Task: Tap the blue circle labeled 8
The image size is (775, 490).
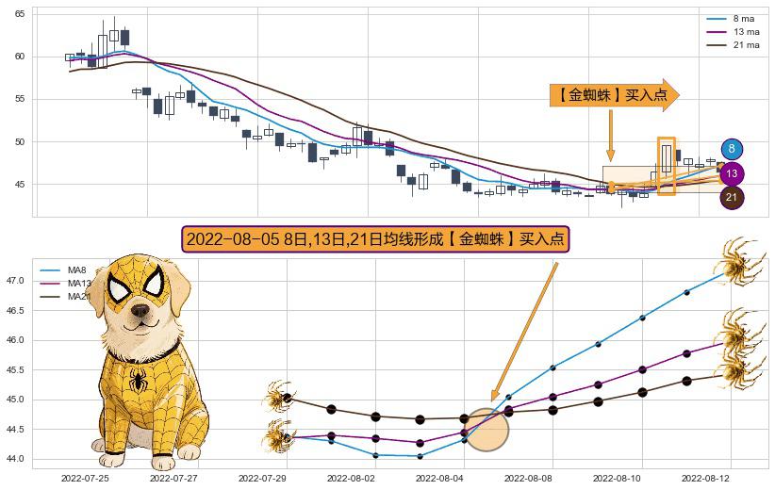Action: tap(732, 149)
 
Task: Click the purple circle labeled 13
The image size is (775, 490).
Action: tap(732, 173)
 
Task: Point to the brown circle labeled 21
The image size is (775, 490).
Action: tap(732, 197)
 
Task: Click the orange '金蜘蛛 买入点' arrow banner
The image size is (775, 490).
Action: tap(613, 95)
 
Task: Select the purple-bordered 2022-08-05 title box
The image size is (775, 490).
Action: tap(376, 239)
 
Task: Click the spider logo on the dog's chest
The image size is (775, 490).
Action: tap(139, 381)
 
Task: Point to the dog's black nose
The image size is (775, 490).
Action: tap(140, 310)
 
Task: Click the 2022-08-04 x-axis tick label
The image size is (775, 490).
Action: tap(439, 479)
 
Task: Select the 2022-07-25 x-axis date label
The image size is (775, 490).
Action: tap(85, 479)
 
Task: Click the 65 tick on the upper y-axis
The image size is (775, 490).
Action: tap(20, 14)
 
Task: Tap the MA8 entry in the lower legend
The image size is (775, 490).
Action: tap(76, 270)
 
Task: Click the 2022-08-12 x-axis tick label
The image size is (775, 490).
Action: tap(705, 479)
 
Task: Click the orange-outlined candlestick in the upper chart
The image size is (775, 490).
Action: tap(666, 166)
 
